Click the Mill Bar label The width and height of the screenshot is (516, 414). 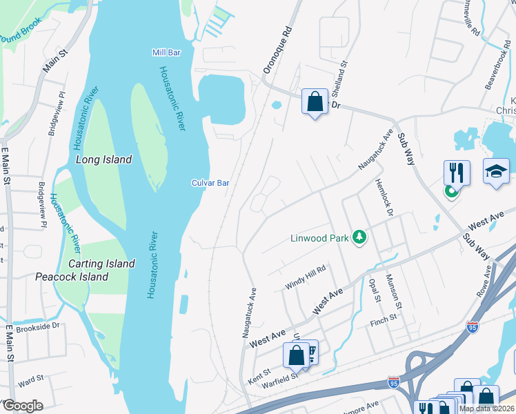(x=166, y=52)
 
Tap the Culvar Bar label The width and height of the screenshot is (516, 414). (x=210, y=183)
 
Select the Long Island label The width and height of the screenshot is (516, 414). (x=103, y=159)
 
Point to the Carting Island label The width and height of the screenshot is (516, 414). (x=101, y=264)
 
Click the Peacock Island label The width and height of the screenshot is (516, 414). (x=72, y=277)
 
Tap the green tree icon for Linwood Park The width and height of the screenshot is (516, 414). (x=359, y=238)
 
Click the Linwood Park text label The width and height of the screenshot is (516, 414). (x=319, y=239)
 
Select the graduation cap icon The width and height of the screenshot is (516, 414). (x=496, y=172)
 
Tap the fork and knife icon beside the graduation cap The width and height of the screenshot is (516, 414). (x=457, y=172)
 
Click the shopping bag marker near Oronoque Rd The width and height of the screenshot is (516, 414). (x=315, y=102)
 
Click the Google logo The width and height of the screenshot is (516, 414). (x=23, y=406)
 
